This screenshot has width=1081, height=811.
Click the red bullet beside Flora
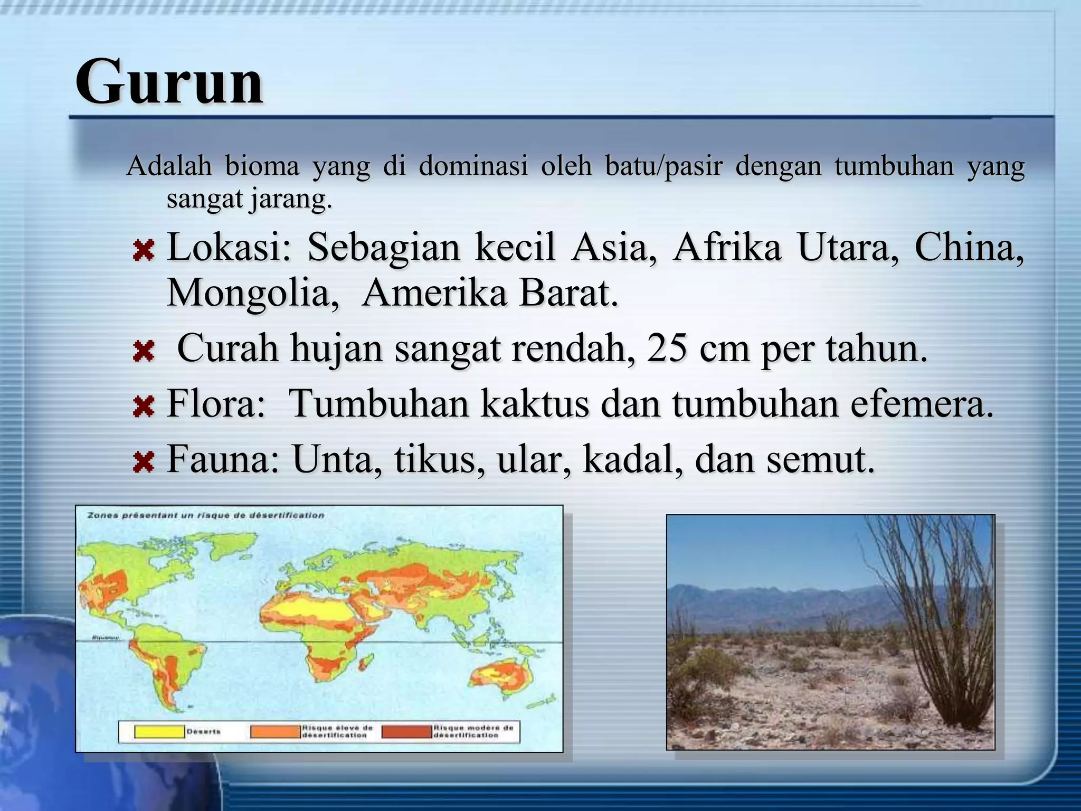(143, 407)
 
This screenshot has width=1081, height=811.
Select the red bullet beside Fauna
(143, 463)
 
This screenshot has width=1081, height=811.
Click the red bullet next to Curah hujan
(143, 352)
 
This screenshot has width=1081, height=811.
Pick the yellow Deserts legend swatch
(159, 732)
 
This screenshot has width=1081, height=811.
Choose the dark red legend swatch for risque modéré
(406, 732)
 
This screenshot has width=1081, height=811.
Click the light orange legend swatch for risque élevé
(275, 732)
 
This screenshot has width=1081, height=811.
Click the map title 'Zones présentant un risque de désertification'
(206, 515)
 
